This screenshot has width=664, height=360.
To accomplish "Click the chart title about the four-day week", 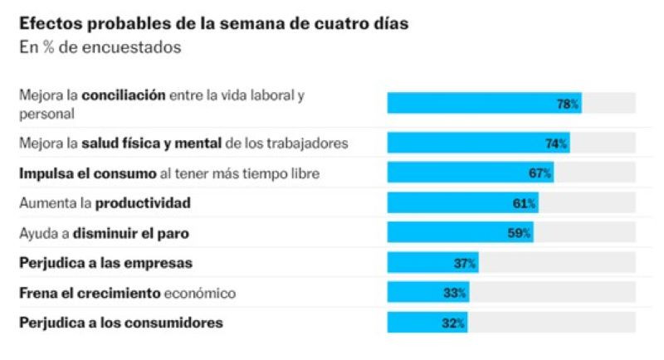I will click(213, 23).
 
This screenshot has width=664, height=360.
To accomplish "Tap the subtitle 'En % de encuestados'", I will click(100, 47).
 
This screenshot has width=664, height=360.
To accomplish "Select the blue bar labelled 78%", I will click(484, 104).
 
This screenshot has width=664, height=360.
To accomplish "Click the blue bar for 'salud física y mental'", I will click(478, 144).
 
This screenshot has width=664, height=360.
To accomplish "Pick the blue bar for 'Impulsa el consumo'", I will click(470, 173).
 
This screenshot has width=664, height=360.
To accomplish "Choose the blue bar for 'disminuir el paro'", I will click(460, 233).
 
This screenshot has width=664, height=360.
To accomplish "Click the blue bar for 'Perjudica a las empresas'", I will click(432, 264).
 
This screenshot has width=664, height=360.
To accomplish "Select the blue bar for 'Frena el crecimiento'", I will click(427, 293).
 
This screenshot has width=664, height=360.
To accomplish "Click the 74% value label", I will click(556, 144).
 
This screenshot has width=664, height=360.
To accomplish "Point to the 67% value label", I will click(539, 173).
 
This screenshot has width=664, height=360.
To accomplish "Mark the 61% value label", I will click(525, 203).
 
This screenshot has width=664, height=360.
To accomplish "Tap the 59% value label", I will click(519, 233).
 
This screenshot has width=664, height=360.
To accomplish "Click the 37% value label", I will click(465, 264).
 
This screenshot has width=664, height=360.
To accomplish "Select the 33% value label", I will click(455, 293).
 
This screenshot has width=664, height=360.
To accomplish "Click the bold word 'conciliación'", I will click(123, 95).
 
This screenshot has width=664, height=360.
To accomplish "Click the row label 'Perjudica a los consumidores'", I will click(121, 323).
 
